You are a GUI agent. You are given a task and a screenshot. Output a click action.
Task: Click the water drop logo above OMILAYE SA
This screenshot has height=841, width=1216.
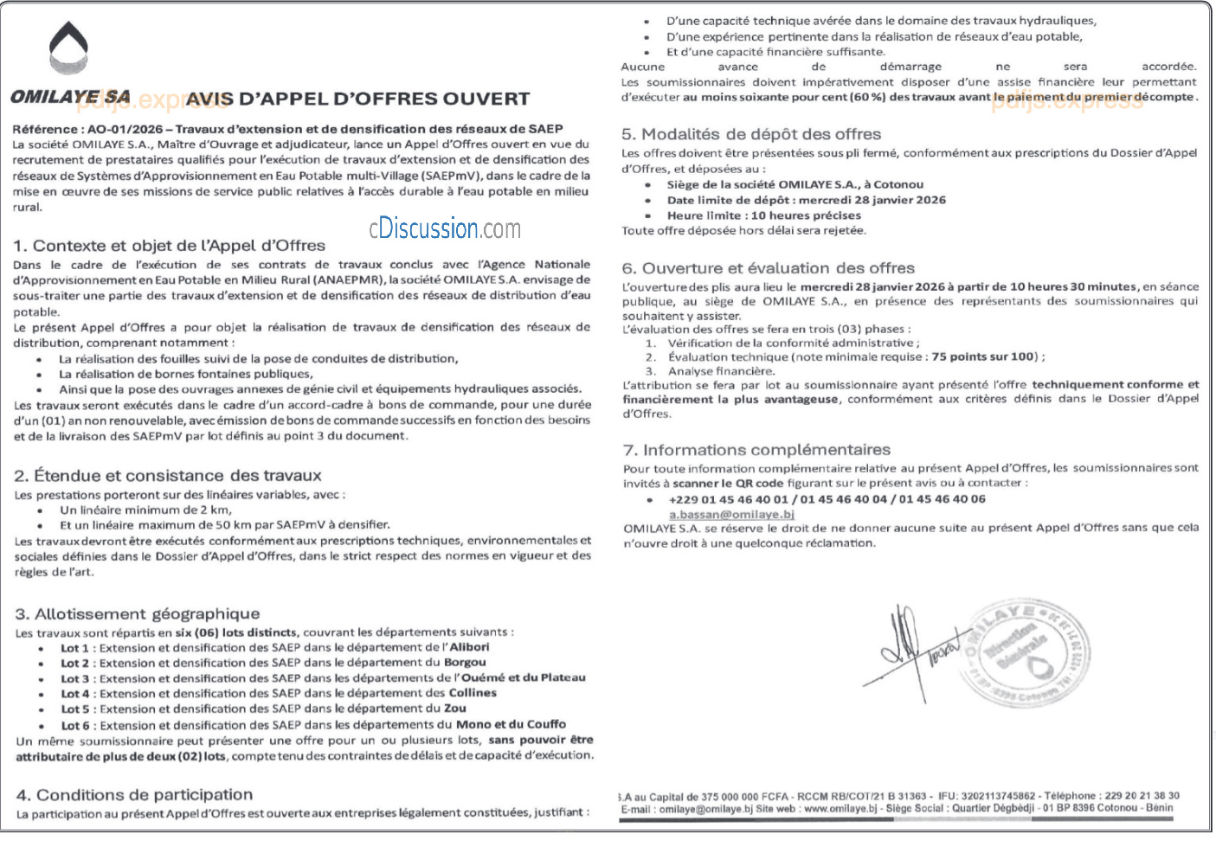(68, 48)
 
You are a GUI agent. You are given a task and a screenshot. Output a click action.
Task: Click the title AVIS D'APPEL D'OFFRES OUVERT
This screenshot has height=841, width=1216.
(357, 100)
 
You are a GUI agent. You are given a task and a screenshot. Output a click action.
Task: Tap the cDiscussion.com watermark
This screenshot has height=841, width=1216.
(445, 228)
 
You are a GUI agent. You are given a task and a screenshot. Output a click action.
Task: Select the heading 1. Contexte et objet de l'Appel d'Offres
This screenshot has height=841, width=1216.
(170, 246)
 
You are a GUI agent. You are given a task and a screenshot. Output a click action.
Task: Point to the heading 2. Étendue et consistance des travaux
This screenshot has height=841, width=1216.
(168, 476)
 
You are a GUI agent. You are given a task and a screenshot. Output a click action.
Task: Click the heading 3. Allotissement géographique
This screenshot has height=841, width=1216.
(138, 614)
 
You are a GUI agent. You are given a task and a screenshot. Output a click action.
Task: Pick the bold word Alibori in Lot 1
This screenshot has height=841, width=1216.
(469, 647)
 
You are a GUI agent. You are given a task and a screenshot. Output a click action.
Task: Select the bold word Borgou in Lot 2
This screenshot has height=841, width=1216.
(465, 663)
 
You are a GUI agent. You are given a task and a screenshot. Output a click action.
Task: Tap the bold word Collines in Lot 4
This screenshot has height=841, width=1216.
(473, 693)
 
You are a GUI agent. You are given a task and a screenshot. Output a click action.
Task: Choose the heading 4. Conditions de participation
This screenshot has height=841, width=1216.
(135, 795)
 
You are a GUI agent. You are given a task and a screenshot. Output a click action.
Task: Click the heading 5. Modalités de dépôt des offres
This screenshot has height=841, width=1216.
(751, 134)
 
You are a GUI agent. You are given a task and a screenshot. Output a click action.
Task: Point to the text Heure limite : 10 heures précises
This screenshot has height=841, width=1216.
(763, 215)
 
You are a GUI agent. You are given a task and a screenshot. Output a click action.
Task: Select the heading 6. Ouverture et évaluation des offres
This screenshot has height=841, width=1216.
(769, 268)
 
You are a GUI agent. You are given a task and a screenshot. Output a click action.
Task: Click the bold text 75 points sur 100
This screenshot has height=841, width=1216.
(983, 356)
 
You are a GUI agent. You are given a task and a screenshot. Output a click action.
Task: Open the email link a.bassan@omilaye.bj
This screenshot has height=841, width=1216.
(731, 514)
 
